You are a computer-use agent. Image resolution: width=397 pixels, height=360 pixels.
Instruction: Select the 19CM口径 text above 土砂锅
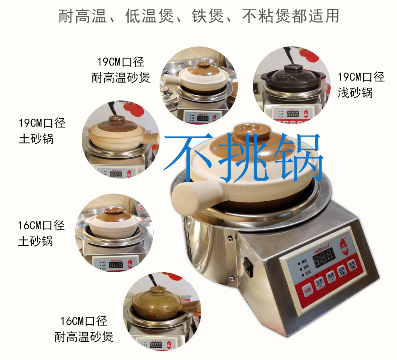click(42, 123)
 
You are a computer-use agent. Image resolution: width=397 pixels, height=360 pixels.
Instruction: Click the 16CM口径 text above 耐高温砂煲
click(84, 321)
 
